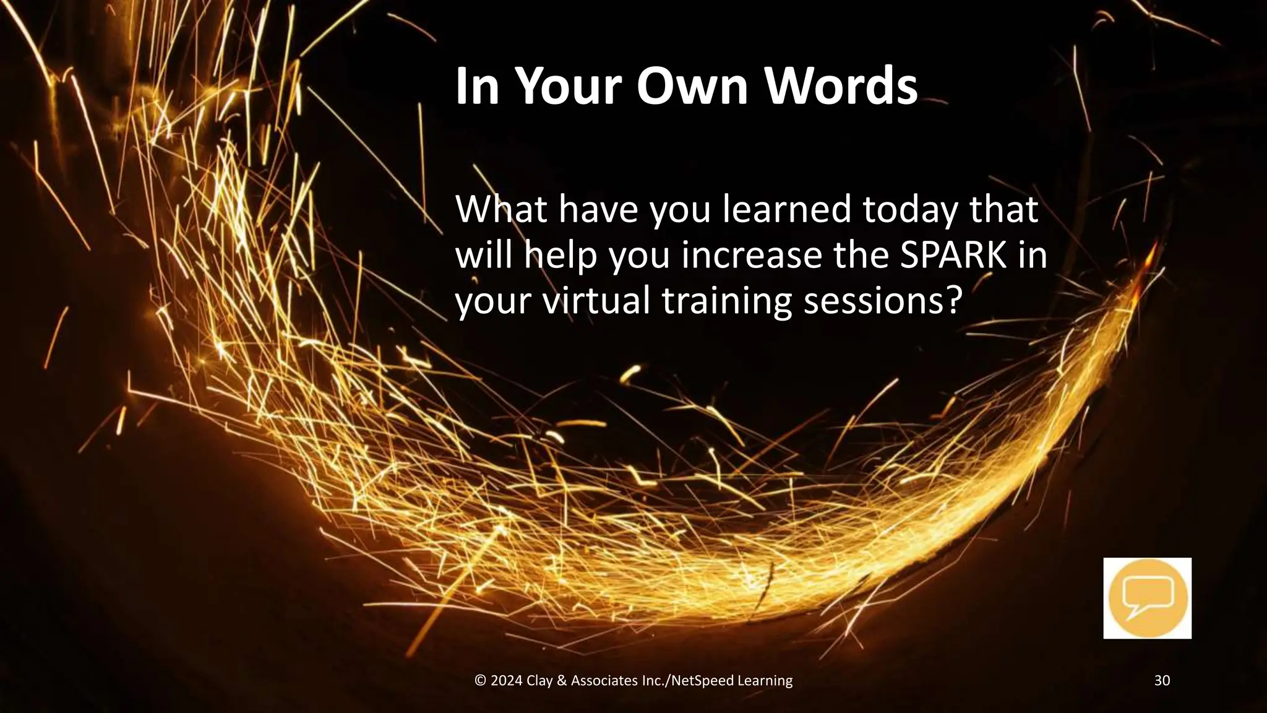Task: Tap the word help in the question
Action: pyautogui.click(x=560, y=255)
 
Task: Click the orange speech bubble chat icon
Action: pyautogui.click(x=1147, y=598)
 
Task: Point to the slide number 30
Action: pyautogui.click(x=1162, y=681)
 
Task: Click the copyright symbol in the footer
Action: pyautogui.click(x=480, y=681)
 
